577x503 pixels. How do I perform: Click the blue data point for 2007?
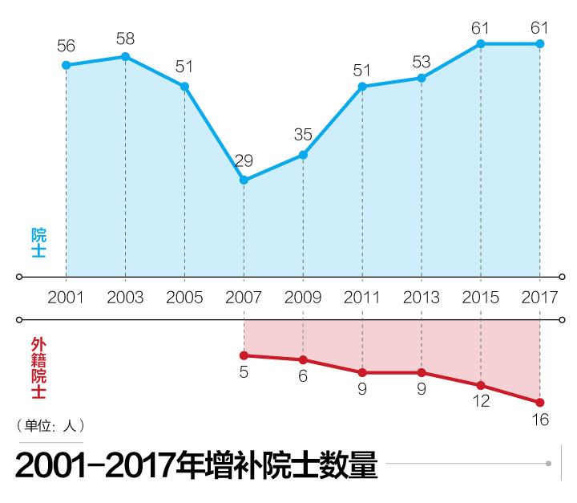244,181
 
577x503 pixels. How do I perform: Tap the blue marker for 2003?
125,56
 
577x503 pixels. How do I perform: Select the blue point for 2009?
303,155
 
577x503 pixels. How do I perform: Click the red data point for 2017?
540,402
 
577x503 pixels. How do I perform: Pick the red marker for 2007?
244,355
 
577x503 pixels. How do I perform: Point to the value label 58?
125,38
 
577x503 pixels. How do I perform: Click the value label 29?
244,160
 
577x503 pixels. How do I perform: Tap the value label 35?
303,135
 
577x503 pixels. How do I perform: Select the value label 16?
540,420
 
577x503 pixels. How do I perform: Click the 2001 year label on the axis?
66,297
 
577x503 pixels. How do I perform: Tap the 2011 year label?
362,297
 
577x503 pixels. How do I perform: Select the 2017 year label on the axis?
540,297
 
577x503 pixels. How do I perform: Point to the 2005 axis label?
184,297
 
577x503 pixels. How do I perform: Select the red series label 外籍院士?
38,368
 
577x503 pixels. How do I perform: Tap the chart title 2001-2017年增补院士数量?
196,465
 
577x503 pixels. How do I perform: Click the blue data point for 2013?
422,78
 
